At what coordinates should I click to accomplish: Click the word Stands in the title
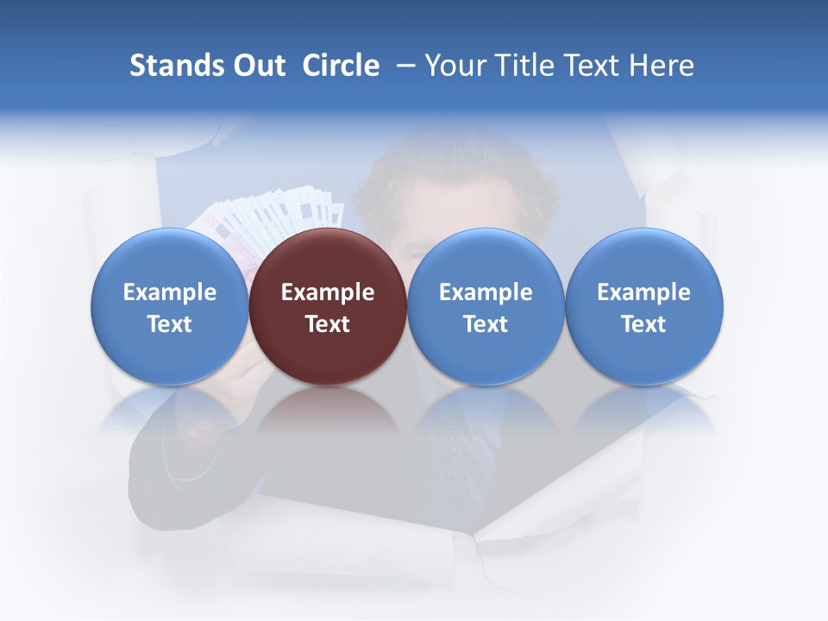(x=176, y=66)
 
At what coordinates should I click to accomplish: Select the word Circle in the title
(x=341, y=66)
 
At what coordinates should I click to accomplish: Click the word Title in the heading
(x=525, y=66)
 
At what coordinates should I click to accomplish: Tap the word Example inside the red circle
(x=328, y=292)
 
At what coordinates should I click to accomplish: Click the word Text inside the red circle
(x=328, y=324)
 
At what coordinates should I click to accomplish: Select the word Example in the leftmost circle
(x=170, y=292)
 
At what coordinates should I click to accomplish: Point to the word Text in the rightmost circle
(x=644, y=324)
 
